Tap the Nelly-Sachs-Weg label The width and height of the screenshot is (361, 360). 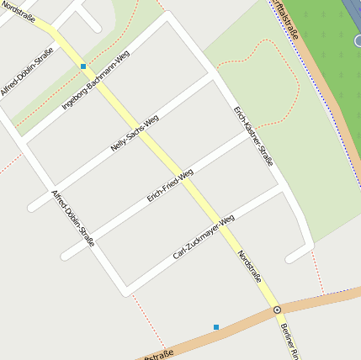pyautogui.click(x=135, y=133)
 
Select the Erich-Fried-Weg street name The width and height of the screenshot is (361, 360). pyautogui.click(x=170, y=185)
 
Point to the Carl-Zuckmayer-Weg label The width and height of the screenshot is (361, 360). pyautogui.click(x=204, y=236)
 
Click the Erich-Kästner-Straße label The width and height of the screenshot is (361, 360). pyautogui.click(x=254, y=136)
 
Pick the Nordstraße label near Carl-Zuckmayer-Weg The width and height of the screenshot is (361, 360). pyautogui.click(x=250, y=271)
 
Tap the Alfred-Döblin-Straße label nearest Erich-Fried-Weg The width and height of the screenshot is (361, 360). pyautogui.click(x=73, y=218)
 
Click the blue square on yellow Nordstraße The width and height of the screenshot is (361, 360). pyautogui.click(x=83, y=66)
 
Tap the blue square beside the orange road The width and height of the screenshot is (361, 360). pyautogui.click(x=216, y=326)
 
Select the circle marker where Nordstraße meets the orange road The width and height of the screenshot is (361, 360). pyautogui.click(x=277, y=310)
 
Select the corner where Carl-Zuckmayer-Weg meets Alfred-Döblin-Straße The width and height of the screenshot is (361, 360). pyautogui.click(x=124, y=290)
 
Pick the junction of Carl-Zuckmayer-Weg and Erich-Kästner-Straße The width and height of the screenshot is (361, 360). pyautogui.click(x=284, y=188)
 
